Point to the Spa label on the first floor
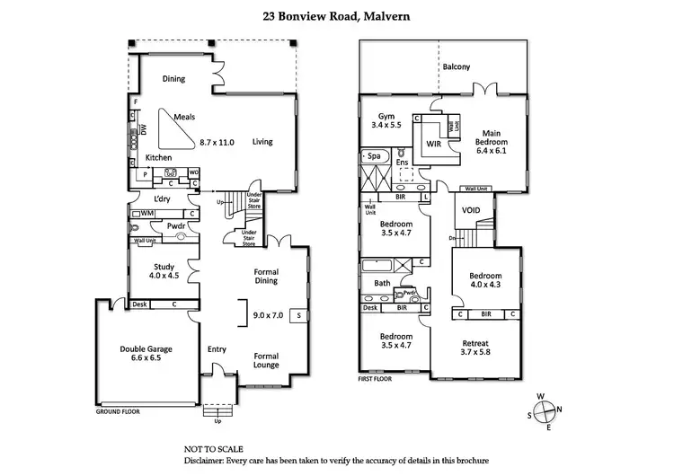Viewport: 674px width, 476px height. coord(372,156)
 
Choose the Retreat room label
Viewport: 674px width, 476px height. coord(475,342)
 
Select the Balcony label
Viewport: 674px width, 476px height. coord(456,67)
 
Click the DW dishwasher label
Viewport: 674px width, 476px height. coord(144,131)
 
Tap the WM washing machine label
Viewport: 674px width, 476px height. coord(146,213)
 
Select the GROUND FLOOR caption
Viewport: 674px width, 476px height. coord(121,413)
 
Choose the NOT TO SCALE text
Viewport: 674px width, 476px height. coord(213,448)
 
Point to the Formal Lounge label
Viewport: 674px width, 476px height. coord(266,359)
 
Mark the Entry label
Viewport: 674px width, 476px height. coord(217,349)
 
